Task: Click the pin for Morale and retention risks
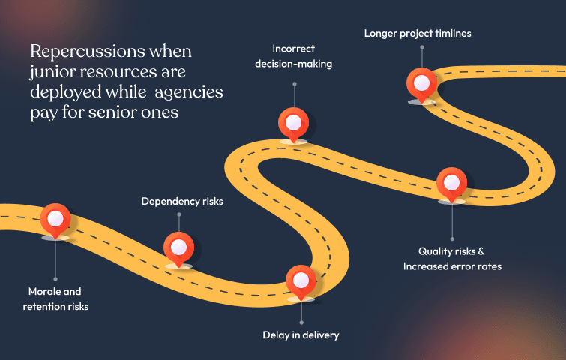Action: tap(55, 220)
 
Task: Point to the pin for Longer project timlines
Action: tap(421, 82)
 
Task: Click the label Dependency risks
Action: tap(182, 202)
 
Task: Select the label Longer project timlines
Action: tap(418, 33)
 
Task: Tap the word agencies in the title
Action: tap(190, 91)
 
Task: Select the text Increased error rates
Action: tap(451, 266)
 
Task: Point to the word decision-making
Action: tap(293, 64)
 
